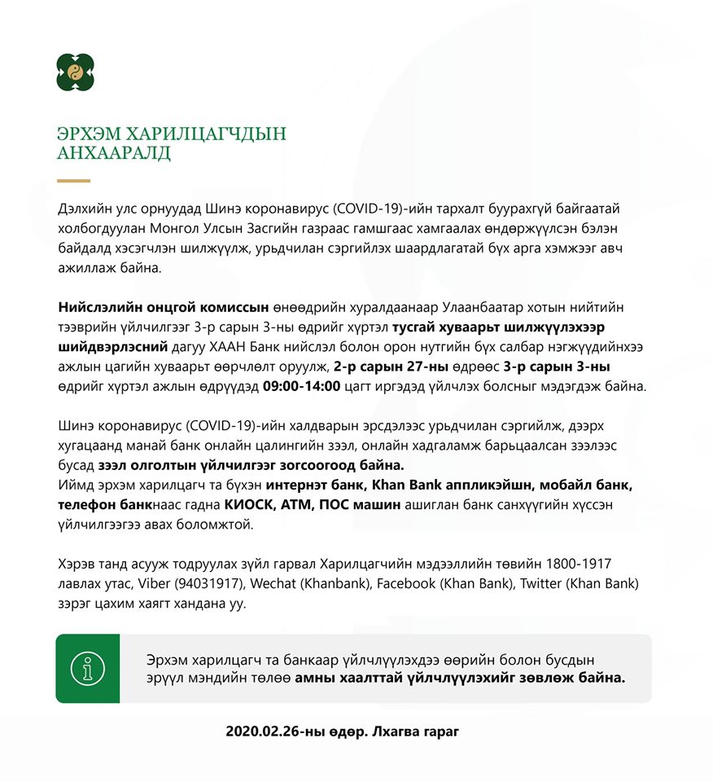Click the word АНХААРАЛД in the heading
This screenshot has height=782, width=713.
point(114,153)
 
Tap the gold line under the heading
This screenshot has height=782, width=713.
point(73,180)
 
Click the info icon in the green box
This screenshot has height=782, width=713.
point(87,668)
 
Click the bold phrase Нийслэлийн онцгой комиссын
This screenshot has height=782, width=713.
point(164,308)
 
